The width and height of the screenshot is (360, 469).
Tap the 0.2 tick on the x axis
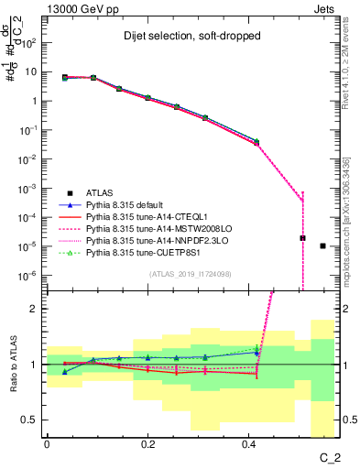[x=148, y=443]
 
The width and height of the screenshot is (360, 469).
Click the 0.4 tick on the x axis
[x=249, y=443]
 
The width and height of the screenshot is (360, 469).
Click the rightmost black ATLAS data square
[x=322, y=245]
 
